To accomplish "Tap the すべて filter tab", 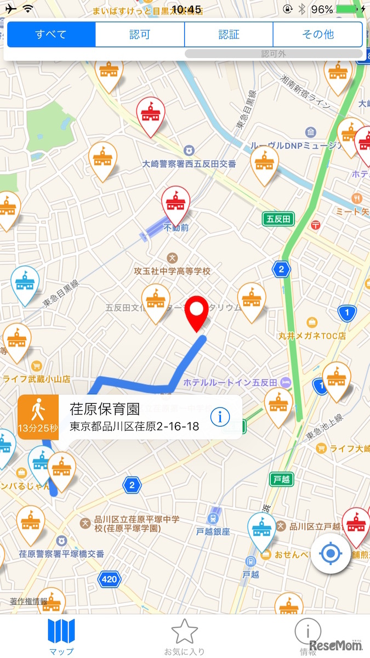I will click(x=51, y=35).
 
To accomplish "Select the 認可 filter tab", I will click(x=140, y=35).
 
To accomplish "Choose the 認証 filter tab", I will click(x=229, y=35).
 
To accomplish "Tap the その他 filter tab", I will click(x=318, y=35).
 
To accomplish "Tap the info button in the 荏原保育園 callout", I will click(x=220, y=417).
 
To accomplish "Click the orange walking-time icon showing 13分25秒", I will click(x=38, y=417).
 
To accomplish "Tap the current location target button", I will click(x=330, y=554).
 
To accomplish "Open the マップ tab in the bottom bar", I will click(x=61, y=636).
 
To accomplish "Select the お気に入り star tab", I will click(x=184, y=637).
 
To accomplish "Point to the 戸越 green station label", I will click(x=281, y=479).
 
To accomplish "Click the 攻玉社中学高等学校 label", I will click(x=173, y=271).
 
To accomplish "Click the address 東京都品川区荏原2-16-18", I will click(x=134, y=426).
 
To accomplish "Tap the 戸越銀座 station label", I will click(x=213, y=531).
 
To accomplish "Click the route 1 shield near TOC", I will click(x=346, y=313).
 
